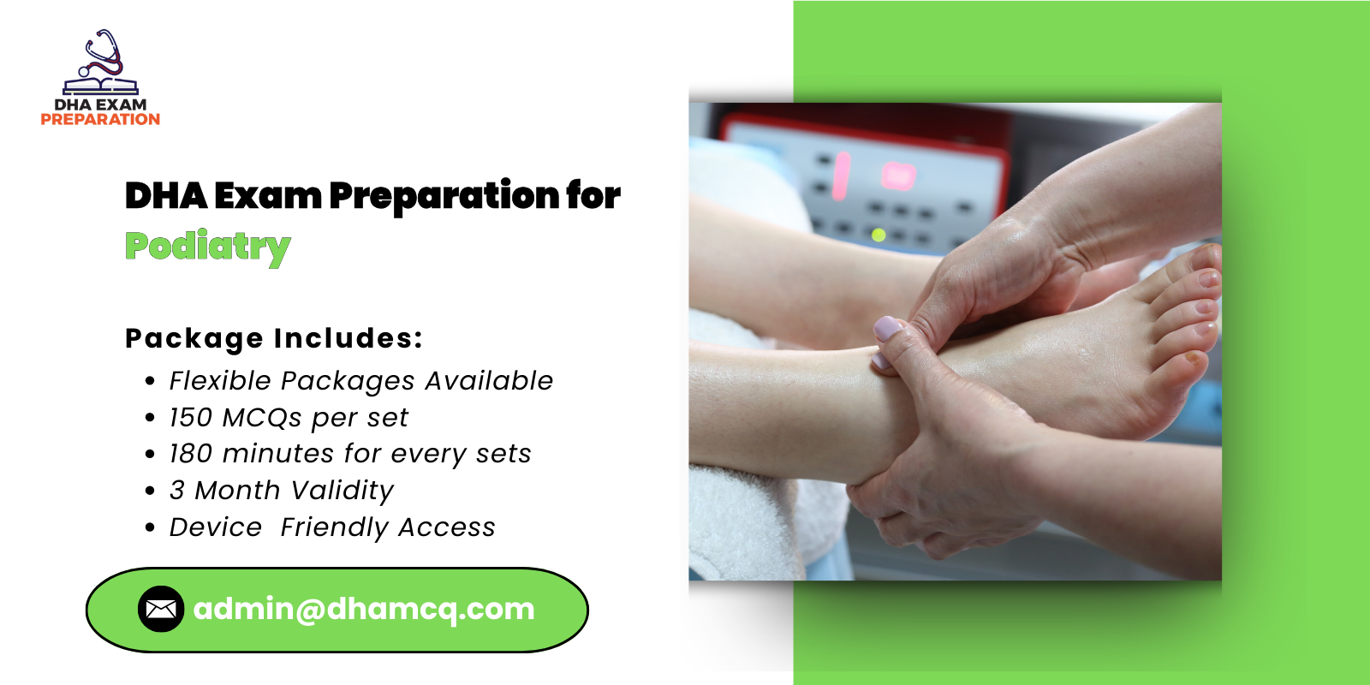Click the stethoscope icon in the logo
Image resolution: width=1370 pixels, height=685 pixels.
pos(103,54)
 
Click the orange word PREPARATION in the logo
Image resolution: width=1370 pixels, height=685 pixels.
pos(100,120)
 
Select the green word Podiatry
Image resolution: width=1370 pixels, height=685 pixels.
pos(207,247)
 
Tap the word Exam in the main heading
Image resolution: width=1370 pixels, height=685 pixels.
pos(267,196)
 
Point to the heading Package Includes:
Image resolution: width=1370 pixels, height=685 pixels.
pos(274,338)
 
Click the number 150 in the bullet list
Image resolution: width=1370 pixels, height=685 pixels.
pos(190,418)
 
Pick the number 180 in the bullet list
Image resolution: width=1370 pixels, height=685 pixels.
pos(190,454)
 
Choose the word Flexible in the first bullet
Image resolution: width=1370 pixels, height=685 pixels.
pos(220,381)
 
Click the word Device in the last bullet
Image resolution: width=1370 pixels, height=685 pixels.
pos(216,527)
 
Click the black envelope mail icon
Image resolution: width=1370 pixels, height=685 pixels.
pos(161,609)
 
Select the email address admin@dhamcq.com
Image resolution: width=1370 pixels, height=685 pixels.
pos(364,609)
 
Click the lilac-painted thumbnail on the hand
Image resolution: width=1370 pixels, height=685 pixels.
pos(887,328)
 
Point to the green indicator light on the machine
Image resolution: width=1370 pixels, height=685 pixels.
pos(879,234)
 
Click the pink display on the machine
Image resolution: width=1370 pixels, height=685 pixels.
pos(898,176)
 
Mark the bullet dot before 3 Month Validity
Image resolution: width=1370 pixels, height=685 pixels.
pos(151,491)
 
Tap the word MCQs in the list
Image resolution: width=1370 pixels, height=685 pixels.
pos(262,418)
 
